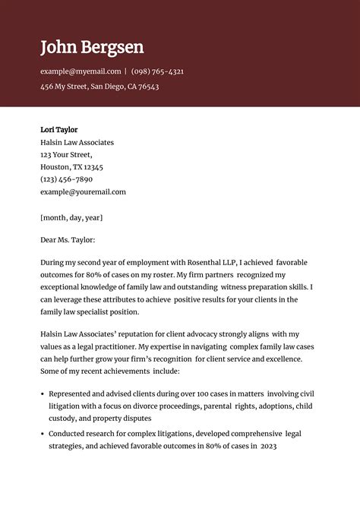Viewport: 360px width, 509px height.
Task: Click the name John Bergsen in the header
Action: click(92, 47)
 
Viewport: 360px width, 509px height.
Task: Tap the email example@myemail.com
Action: click(81, 71)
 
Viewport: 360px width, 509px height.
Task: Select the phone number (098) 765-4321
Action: click(157, 71)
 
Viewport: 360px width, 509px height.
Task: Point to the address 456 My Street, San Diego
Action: click(99, 87)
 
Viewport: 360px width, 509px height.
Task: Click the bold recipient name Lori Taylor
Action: click(58, 130)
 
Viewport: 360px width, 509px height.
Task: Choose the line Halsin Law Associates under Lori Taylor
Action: click(77, 142)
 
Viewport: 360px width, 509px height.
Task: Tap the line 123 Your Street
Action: click(66, 154)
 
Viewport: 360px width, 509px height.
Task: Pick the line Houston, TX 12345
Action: click(71, 167)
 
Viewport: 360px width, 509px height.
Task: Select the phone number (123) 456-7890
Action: click(66, 179)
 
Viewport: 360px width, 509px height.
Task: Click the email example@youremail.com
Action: click(83, 192)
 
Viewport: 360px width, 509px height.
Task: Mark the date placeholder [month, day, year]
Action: click(71, 217)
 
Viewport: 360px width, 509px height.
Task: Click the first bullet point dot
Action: click(42, 394)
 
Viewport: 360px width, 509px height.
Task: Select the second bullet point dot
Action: click(42, 434)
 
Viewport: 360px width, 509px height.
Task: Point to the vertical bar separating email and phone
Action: click(125, 71)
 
